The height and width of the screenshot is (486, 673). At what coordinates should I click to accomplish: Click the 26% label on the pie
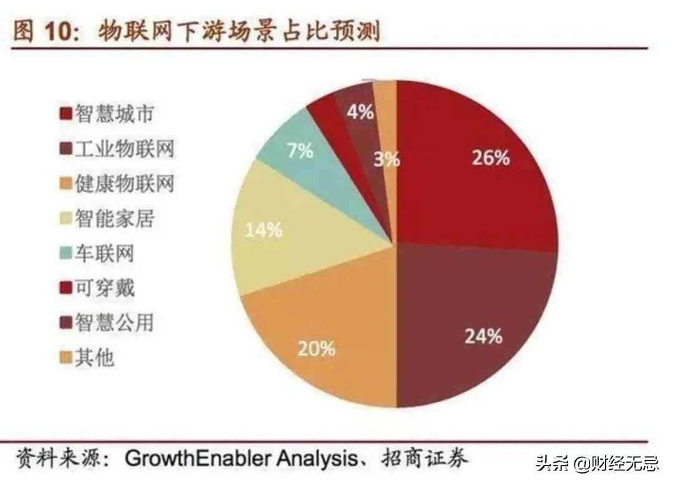[x=490, y=158]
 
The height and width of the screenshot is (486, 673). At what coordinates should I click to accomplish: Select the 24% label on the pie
[x=484, y=336]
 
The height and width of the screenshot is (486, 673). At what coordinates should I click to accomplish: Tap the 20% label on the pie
[x=316, y=347]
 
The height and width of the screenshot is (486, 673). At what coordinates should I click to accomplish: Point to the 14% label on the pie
[x=263, y=230]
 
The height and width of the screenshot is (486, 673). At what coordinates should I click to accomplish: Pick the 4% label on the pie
[x=360, y=112]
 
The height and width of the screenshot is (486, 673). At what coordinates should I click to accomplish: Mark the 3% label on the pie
[x=387, y=160]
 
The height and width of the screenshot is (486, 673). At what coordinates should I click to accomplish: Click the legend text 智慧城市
[x=114, y=114]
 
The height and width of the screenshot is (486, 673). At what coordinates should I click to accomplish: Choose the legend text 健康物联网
[x=124, y=184]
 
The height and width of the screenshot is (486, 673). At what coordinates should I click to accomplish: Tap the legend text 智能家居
[x=114, y=219]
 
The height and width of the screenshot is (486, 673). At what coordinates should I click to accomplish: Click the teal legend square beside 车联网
[x=65, y=255]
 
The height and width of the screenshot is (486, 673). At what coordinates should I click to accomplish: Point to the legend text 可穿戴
[x=104, y=288]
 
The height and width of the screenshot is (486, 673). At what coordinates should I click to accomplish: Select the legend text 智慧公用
[x=114, y=323]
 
